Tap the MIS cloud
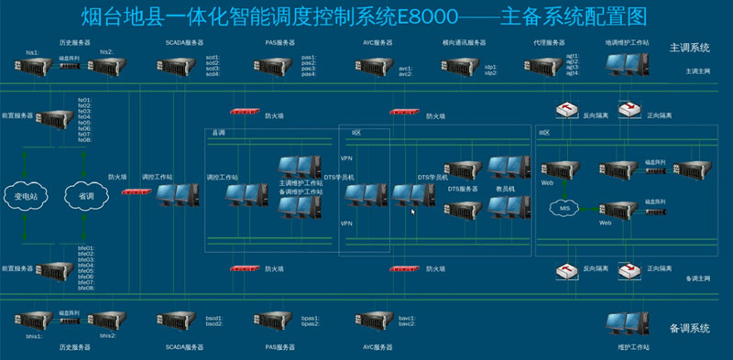pos(562,209)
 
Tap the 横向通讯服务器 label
pos(464,42)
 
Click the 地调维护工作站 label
pos(626,42)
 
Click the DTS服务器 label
pos(463,189)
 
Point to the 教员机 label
pos(506,189)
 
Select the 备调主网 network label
pos(698,278)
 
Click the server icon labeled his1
pos(34,66)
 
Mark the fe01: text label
pos(84,99)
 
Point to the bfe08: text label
pos(86,289)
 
